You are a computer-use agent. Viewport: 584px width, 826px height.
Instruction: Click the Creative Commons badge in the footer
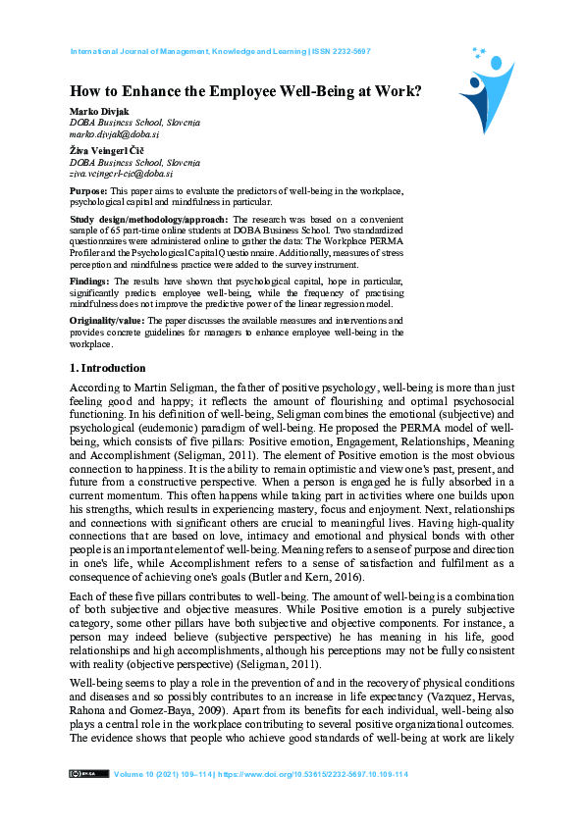(88, 774)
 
